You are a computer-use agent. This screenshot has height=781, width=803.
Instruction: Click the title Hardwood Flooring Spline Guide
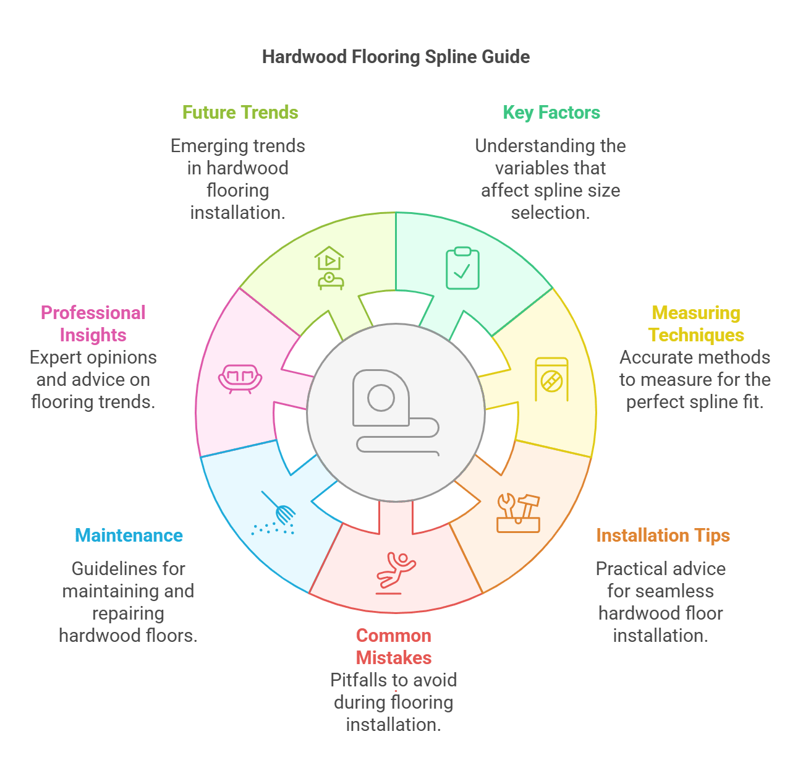pos(396,57)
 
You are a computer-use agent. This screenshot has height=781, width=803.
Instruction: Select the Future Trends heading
pos(240,113)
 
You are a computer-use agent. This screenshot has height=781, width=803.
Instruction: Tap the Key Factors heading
pos(551,113)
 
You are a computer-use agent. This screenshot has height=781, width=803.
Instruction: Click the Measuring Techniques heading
pos(696,324)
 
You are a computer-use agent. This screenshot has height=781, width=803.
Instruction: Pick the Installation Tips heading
pos(663,536)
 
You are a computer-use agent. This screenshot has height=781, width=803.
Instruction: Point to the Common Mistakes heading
pos(394,647)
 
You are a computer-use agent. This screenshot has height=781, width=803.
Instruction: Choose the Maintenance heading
pos(129,536)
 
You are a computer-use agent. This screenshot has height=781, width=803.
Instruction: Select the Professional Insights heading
pos(93,324)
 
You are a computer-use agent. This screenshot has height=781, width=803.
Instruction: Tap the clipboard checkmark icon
pos(462,268)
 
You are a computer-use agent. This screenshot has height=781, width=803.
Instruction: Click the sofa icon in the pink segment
pos(240,378)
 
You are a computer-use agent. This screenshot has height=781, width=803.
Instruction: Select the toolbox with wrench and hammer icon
pos(518,513)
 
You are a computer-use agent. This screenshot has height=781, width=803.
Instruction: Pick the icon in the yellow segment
pos(551,378)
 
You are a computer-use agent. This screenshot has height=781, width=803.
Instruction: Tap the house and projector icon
pos(329,268)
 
